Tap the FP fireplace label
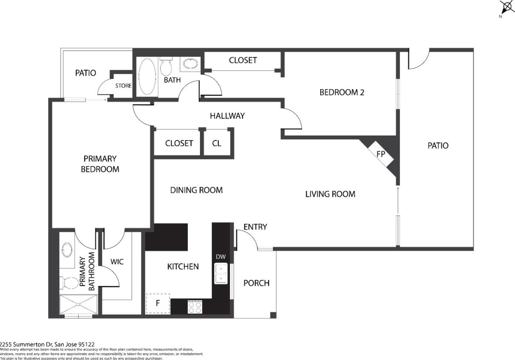click(380, 154)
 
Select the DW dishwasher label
click(221, 257)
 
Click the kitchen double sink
click(221, 274)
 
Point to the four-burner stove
click(195, 307)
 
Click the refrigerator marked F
click(158, 304)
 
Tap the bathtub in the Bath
click(147, 77)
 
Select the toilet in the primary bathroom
click(68, 283)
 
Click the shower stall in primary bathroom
click(78, 304)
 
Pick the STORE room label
click(123, 86)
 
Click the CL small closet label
click(217, 143)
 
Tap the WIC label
click(117, 262)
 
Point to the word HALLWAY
click(227, 116)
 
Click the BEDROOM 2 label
click(342, 92)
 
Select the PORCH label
click(256, 283)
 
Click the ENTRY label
click(255, 227)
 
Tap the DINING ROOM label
click(196, 190)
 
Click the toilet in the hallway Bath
click(166, 66)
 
